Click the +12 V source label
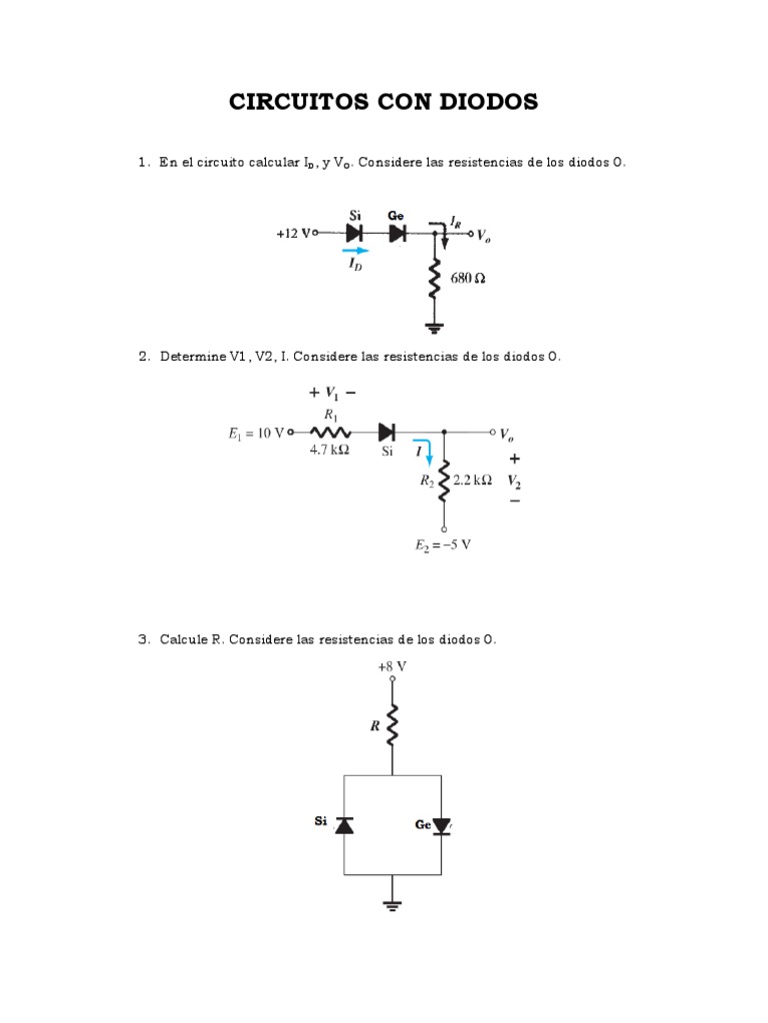[x=293, y=233]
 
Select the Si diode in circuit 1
[x=354, y=233]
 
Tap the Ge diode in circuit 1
[x=397, y=233]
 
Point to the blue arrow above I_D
[x=354, y=251]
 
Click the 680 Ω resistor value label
[x=467, y=279]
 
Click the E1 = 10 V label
[x=256, y=433]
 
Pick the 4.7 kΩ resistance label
[x=329, y=451]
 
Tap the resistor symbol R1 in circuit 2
[x=330, y=433]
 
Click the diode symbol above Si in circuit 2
[x=386, y=433]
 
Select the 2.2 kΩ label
[x=472, y=480]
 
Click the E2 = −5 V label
[x=444, y=545]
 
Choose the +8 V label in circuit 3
[x=392, y=664]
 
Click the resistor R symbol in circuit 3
[x=392, y=724]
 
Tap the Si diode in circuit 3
[x=344, y=824]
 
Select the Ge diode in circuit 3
[x=441, y=825]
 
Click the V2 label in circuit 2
[x=514, y=480]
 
